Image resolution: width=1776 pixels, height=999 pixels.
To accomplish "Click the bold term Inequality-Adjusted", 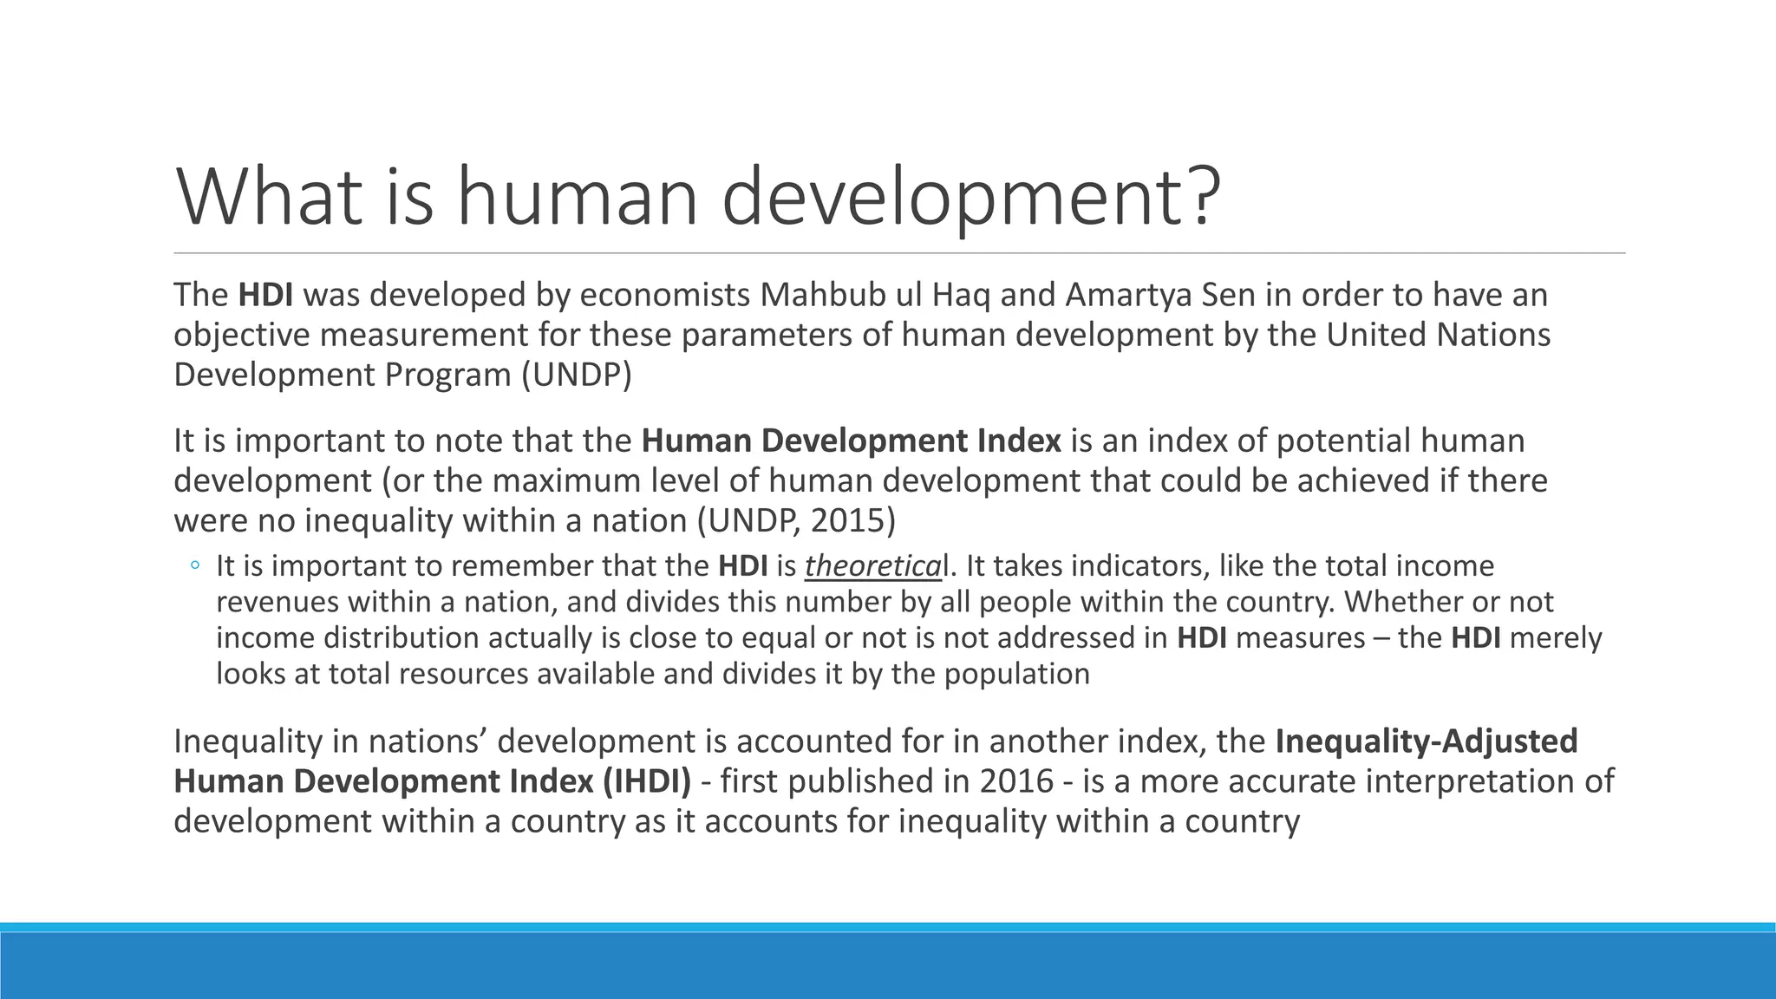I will [x=1427, y=741].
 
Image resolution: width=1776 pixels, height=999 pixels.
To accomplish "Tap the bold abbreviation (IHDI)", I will [x=645, y=781].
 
